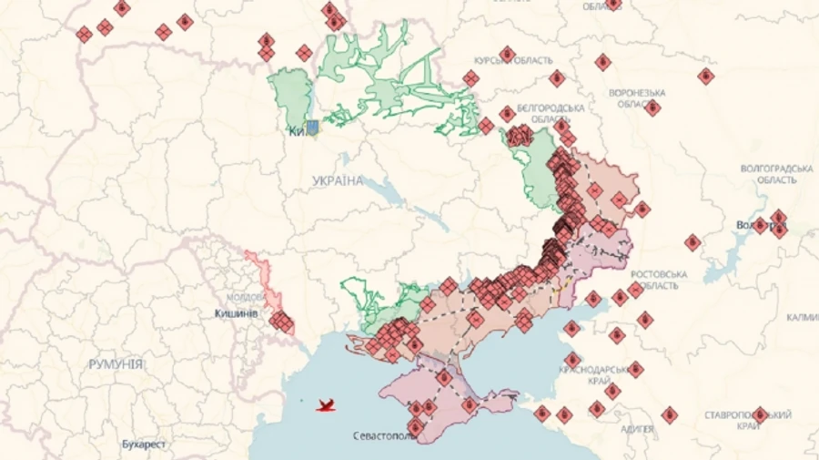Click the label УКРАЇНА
[337, 180]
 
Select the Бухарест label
[145, 445]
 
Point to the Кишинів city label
[236, 312]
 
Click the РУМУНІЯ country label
[116, 363]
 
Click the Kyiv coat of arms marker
[311, 128]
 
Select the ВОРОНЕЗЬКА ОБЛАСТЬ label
[636, 98]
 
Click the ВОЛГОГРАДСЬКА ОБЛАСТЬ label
[777, 174]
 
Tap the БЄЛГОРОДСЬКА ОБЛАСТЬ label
[544, 113]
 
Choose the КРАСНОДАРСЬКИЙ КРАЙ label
[598, 373]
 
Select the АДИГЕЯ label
[637, 428]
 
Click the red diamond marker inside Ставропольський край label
[760, 414]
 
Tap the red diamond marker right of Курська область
[557, 78]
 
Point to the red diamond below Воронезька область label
[652, 107]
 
